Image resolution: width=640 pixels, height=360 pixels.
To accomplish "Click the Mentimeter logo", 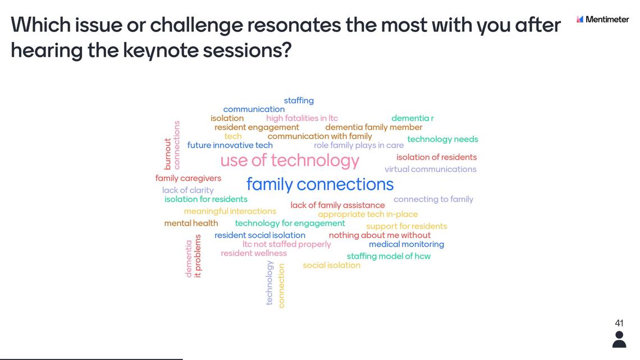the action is [x=602, y=19].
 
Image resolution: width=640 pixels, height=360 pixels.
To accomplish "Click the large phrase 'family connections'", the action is [x=320, y=184].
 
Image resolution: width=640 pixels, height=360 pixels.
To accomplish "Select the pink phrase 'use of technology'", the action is [x=290, y=161].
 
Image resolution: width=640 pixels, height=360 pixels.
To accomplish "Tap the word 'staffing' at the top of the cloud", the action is [x=299, y=101].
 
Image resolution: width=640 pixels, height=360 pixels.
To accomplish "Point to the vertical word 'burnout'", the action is [x=167, y=154].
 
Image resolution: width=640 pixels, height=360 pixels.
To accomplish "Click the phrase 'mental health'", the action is [x=191, y=224].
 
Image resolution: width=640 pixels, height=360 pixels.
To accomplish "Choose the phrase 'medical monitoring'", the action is [x=406, y=244].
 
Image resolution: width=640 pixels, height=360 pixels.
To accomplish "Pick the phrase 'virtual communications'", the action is [x=430, y=169].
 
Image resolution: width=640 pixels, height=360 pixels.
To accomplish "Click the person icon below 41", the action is [x=619, y=340].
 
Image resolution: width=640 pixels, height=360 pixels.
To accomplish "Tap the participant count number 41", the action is [x=619, y=323].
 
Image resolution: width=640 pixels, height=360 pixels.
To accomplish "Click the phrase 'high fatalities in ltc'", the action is [x=302, y=119].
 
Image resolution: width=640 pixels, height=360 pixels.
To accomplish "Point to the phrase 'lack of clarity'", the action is [x=188, y=190].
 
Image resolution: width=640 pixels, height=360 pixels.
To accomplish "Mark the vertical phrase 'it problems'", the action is [x=198, y=256].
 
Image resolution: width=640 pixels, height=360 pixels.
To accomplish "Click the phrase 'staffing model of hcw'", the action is [x=388, y=256].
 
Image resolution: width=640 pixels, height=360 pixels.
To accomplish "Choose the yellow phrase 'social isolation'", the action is [x=331, y=265].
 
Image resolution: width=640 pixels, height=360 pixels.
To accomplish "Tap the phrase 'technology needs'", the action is [x=442, y=139].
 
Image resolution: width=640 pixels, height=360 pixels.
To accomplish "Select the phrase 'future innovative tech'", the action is [x=230, y=145].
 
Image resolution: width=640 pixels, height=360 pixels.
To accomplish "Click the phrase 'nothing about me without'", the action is [x=380, y=235].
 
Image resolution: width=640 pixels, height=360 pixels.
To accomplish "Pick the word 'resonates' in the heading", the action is [x=294, y=25].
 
